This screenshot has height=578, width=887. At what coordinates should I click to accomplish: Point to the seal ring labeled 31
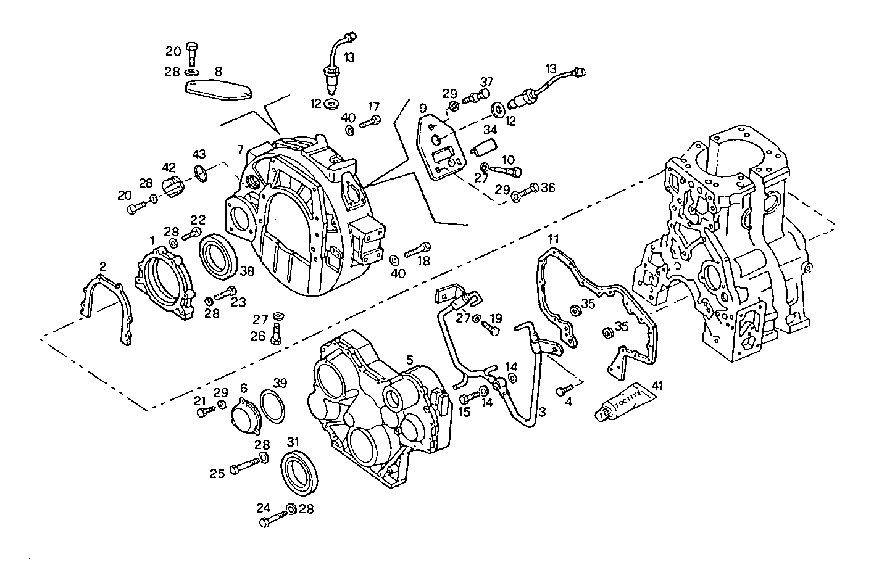click(x=301, y=473)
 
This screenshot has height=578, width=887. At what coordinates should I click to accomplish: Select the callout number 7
click(x=239, y=150)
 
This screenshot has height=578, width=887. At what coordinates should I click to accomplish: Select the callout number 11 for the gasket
click(x=552, y=238)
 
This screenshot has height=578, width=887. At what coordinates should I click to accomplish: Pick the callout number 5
click(x=409, y=358)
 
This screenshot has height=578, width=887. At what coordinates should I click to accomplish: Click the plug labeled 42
click(x=174, y=186)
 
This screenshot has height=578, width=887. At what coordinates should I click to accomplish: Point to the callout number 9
click(x=423, y=108)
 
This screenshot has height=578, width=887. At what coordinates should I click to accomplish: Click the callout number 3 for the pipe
click(x=542, y=411)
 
